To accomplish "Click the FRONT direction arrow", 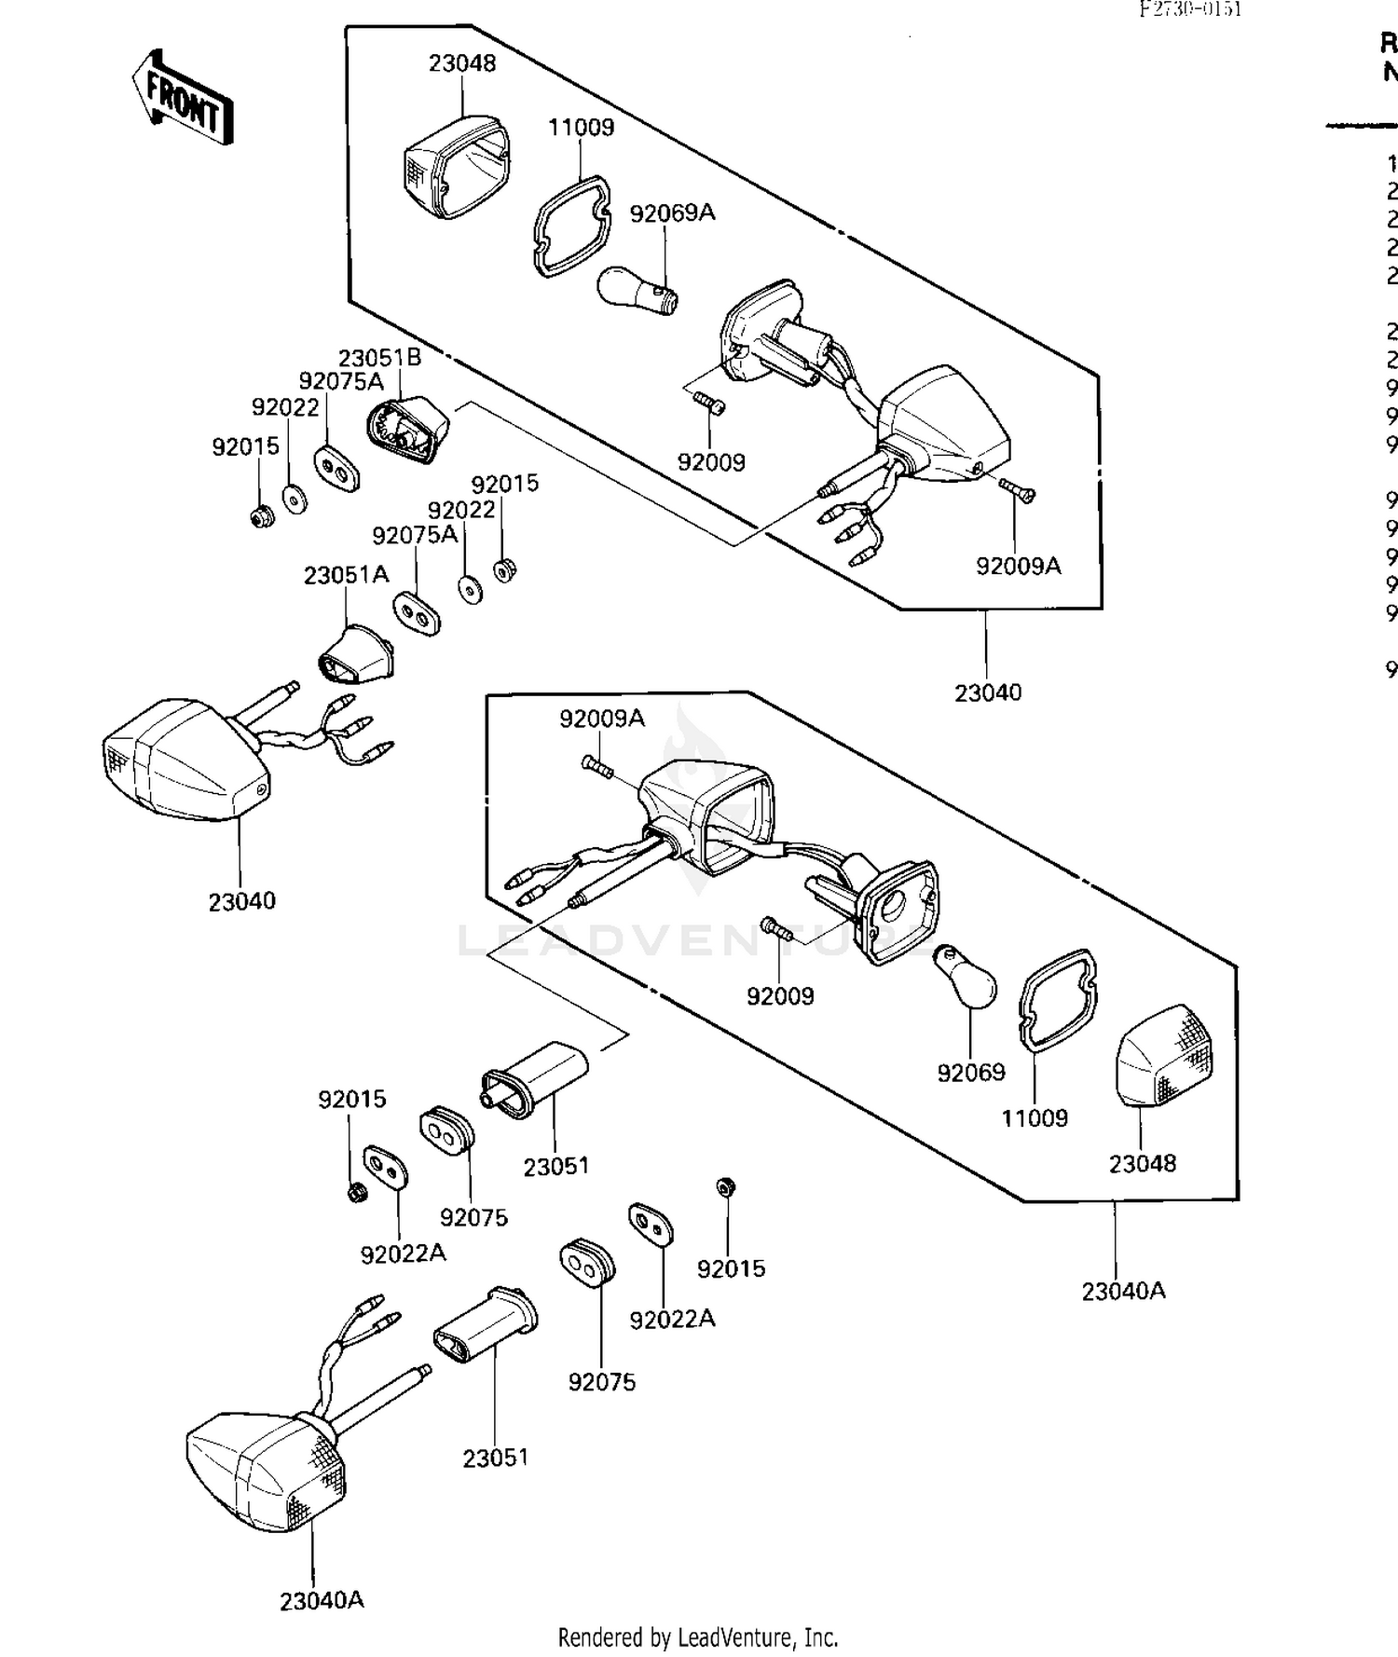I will point(182,99).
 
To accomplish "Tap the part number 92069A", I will point(672,213).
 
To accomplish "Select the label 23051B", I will point(379,358).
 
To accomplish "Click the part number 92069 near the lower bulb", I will point(971,1073).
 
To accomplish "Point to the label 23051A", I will point(346,575).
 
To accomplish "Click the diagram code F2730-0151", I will point(1190,9).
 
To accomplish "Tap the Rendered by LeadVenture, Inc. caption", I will point(698,1637).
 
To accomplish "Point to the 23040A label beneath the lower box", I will point(1123,1291).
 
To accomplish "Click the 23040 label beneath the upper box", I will point(988,692).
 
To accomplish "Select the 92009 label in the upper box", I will point(711,462).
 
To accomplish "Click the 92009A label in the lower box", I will point(601,719).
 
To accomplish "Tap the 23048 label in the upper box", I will point(462,63).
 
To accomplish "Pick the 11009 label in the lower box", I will point(1035,1118).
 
